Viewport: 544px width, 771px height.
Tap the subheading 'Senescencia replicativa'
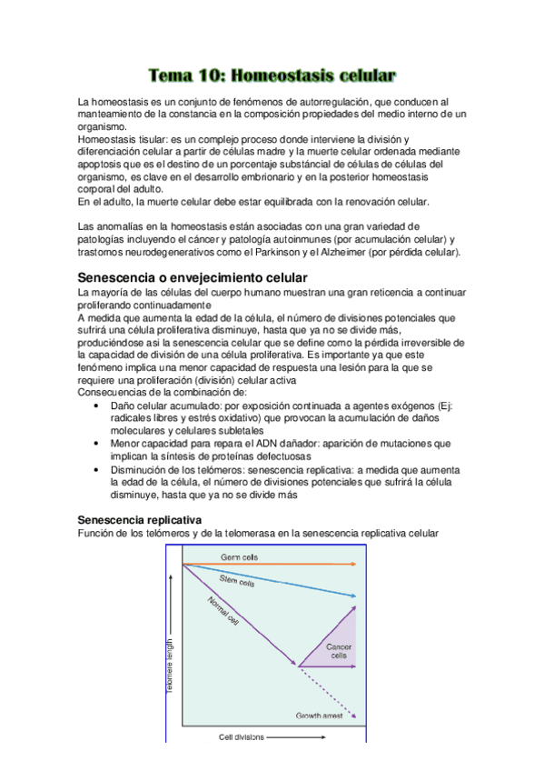point(139,517)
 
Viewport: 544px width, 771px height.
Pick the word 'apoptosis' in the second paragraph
point(105,165)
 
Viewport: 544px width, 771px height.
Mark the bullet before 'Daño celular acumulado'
point(97,406)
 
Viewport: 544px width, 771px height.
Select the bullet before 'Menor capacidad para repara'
point(97,443)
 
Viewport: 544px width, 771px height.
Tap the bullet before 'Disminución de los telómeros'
point(97,469)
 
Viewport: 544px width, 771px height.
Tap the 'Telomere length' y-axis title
point(169,667)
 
